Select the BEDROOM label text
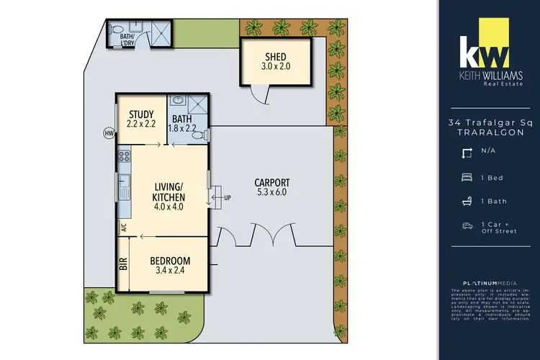point(170,260)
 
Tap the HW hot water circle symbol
point(108,133)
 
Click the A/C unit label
point(123,228)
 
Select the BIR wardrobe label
point(123,264)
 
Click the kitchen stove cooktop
point(124,155)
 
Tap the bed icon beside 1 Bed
point(467,176)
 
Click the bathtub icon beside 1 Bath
point(467,201)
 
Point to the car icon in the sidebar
point(467,226)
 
